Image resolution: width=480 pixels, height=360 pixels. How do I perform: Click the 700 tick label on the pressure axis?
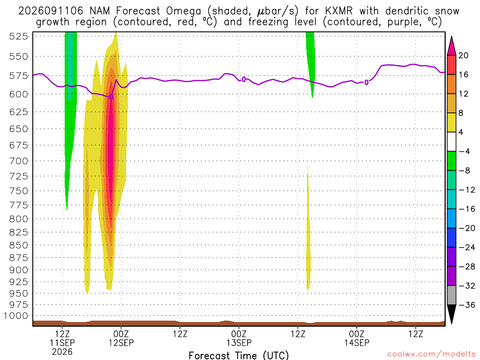pyautogui.click(x=19, y=161)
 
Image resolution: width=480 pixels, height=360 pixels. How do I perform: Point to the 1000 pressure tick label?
pyautogui.click(x=16, y=315)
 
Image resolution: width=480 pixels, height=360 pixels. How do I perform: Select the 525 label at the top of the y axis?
pyautogui.click(x=19, y=37)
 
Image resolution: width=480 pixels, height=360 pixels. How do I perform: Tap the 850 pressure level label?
pyautogui.click(x=19, y=245)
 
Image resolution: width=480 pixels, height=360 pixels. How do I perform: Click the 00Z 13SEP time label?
pyautogui.click(x=239, y=338)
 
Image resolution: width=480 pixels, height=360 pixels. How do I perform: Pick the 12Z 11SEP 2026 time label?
pyautogui.click(x=62, y=343)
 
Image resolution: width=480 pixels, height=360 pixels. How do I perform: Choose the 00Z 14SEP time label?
pyautogui.click(x=357, y=338)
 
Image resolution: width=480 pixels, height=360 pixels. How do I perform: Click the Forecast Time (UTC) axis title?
pyautogui.click(x=239, y=355)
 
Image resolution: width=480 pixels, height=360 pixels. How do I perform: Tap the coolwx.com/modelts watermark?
pyautogui.click(x=431, y=354)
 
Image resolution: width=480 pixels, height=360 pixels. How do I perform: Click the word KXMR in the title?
pyautogui.click(x=339, y=11)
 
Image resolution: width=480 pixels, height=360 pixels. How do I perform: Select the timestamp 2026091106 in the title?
pyautogui.click(x=51, y=11)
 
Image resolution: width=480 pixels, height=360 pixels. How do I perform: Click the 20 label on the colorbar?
pyautogui.click(x=463, y=55)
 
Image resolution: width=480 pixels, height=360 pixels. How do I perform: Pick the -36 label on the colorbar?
pyautogui.click(x=466, y=305)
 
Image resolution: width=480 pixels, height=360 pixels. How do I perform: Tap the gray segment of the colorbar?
pyautogui.click(x=451, y=295)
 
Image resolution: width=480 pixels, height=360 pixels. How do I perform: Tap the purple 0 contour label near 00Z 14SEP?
pyautogui.click(x=366, y=82)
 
